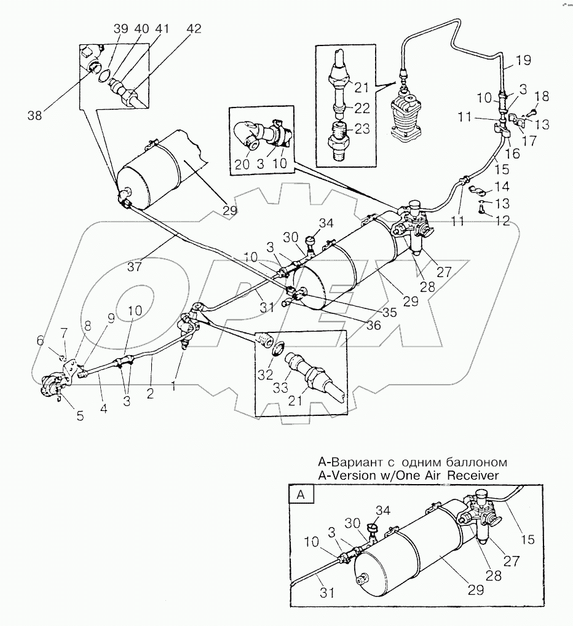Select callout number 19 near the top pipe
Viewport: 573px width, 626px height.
click(x=522, y=60)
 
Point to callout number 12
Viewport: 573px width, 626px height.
click(x=503, y=221)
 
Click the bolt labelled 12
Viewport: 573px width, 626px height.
click(x=481, y=209)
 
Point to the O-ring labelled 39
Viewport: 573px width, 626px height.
click(x=106, y=77)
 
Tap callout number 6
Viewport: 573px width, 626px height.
click(x=41, y=340)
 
